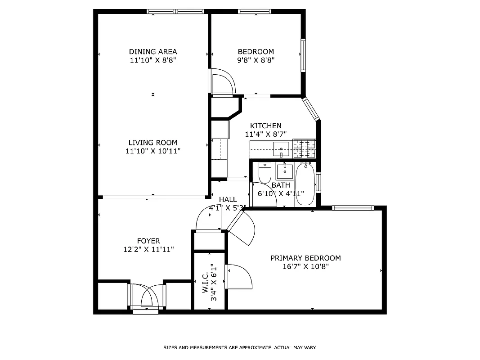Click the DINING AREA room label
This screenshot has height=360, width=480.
[153, 51]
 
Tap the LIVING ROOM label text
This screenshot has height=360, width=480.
[153, 143]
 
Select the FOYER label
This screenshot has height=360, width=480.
[148, 241]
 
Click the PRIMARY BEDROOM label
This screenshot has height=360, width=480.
[305, 258]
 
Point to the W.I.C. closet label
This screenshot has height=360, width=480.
[205, 282]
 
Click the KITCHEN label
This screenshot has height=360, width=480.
[266, 126]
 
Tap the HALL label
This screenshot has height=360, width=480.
[228, 199]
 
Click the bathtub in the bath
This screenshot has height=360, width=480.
[305, 184]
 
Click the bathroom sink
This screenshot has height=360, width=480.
[284, 171]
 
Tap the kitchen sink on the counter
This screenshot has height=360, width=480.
[281, 149]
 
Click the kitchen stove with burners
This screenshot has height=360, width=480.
[304, 148]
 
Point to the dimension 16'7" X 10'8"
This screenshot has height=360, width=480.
[305, 266]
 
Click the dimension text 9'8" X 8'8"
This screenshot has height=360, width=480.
[256, 60]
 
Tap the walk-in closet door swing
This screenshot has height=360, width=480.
[238, 277]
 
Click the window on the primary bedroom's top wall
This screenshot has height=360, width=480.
[353, 208]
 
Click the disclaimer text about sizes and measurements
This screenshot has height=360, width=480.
[240, 348]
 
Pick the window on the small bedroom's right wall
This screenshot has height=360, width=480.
[303, 55]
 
